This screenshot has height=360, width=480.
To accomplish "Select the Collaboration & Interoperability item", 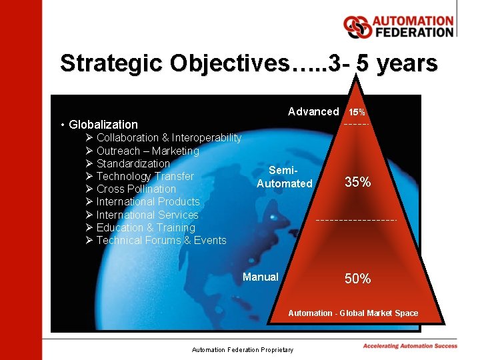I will click(169, 138).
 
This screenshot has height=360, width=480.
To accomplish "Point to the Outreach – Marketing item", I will click(147, 151).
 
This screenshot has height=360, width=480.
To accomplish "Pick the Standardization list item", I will click(133, 163).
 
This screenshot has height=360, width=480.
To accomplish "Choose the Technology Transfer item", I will click(145, 177).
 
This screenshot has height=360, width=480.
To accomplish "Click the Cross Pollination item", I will click(136, 189).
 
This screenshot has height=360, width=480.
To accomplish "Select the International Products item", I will click(148, 202).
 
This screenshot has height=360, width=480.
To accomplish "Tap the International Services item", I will click(147, 215).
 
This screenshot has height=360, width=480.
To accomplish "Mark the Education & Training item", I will click(145, 227).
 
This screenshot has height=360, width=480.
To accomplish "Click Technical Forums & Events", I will click(161, 241).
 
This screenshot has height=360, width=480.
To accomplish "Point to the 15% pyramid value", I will click(357, 113).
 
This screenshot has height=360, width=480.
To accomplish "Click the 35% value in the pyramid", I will click(357, 182).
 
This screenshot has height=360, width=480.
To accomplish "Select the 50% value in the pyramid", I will click(357, 279).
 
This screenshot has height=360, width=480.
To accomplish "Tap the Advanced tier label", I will click(313, 112).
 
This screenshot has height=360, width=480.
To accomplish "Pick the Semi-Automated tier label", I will click(285, 177).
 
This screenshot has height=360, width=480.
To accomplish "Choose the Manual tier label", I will click(261, 277).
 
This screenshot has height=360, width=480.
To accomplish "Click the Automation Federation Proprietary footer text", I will click(242, 349).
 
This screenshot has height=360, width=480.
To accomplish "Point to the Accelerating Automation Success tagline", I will click(410, 346).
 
